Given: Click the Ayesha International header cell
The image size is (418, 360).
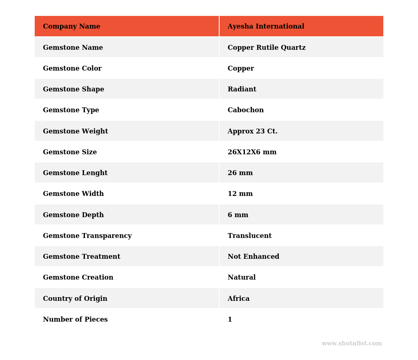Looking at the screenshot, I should [266, 27].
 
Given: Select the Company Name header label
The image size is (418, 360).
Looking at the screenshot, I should [71, 27].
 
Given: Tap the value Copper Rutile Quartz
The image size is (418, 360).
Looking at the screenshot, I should [266, 48].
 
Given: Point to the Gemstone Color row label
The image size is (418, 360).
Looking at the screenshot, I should [72, 69].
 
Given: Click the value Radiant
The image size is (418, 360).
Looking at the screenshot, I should [242, 89].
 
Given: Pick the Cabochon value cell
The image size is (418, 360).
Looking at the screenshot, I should [245, 110].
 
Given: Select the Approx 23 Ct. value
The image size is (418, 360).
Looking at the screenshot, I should [252, 131].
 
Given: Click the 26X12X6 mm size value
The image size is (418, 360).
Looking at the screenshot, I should [252, 152].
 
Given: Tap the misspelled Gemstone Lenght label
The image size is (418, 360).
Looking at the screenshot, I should [75, 173].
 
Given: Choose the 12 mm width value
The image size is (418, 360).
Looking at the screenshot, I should [240, 194].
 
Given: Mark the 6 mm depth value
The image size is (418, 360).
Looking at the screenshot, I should [238, 215].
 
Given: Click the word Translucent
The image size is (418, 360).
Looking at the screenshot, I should [249, 236].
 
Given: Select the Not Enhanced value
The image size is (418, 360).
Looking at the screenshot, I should [253, 257].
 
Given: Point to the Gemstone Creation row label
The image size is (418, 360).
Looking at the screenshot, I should [78, 278].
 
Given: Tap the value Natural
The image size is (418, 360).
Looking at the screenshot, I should [241, 278].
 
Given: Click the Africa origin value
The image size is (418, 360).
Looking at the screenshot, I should [238, 299].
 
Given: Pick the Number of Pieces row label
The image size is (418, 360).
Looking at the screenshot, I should [75, 320].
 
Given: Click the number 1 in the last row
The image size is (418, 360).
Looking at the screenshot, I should [230, 320].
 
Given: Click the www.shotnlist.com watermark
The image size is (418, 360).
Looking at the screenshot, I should [351, 344].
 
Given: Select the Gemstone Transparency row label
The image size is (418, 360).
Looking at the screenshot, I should [87, 236].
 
